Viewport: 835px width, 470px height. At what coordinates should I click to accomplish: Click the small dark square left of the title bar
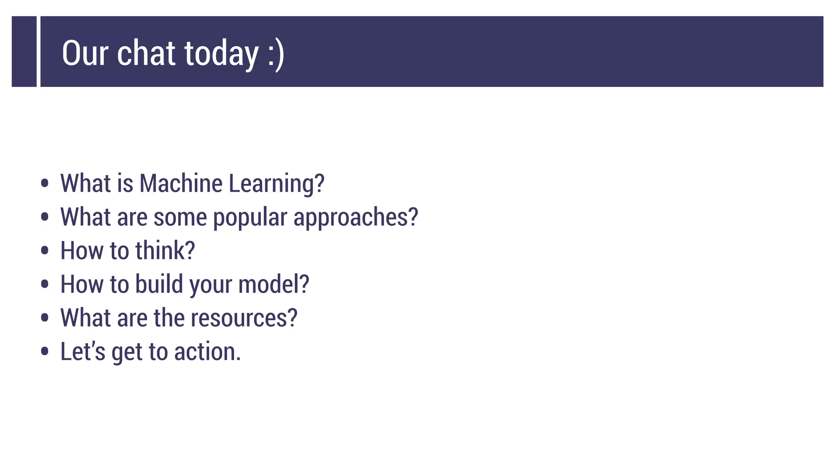[x=24, y=51]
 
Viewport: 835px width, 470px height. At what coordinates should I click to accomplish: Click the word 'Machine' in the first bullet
[x=181, y=183]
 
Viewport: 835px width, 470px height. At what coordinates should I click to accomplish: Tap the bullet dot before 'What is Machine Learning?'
[x=45, y=183]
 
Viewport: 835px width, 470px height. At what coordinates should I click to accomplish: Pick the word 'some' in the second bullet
[x=180, y=217]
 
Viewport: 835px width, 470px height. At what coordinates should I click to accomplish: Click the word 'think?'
[x=165, y=251]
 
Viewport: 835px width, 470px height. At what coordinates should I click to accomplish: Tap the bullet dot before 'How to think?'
[x=45, y=251]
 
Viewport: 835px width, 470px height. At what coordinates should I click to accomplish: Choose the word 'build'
[x=159, y=284]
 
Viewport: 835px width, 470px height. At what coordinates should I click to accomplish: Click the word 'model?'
[x=274, y=284]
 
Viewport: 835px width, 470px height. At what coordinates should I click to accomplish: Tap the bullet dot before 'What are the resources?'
[x=45, y=318]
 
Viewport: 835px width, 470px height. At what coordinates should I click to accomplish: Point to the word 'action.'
[x=208, y=351]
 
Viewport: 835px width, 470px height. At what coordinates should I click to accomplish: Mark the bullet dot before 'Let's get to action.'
[x=45, y=351]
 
